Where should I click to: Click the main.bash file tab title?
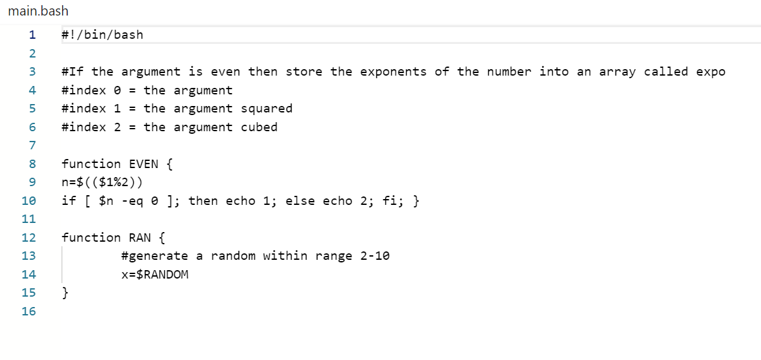38,11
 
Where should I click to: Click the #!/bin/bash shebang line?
102,35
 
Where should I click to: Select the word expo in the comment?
711,72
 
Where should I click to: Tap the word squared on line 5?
267,109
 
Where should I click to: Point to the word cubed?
259,127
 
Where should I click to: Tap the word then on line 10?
203,201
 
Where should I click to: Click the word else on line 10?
300,201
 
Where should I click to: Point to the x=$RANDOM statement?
155,275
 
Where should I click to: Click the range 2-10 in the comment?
375,256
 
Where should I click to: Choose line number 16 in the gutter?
28,312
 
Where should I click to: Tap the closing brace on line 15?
65,293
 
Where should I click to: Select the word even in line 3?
226,72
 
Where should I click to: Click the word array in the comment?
617,72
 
